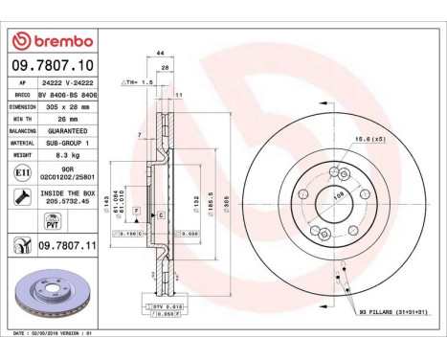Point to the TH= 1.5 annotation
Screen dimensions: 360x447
[138, 83]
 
